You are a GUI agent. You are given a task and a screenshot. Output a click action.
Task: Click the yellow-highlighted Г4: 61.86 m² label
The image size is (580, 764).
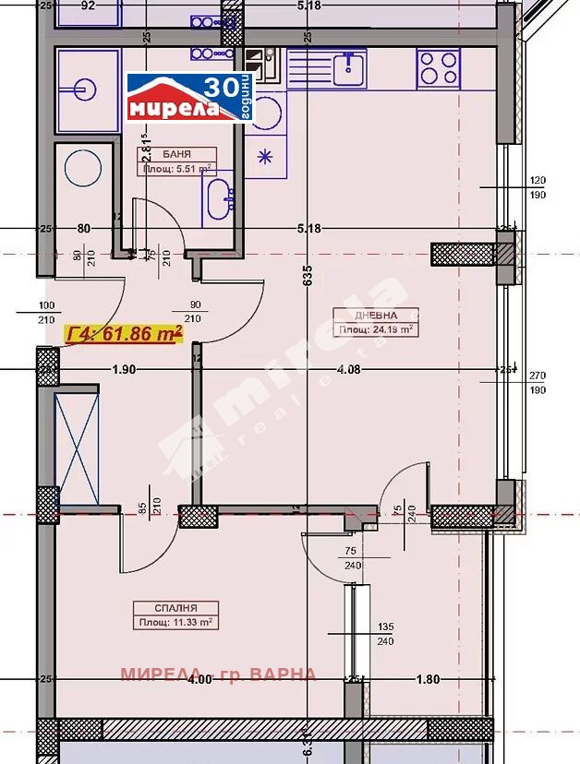point(124,334)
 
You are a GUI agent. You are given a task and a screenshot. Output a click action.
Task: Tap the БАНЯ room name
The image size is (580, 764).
point(177,155)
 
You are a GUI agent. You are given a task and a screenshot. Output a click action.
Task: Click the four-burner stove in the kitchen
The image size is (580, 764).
point(439,66)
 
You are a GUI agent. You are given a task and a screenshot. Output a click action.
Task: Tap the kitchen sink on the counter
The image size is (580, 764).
point(350,66)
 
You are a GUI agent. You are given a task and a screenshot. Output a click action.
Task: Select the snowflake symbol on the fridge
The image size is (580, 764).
point(266,155)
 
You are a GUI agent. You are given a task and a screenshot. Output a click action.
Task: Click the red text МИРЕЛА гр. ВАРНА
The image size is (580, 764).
point(218,674)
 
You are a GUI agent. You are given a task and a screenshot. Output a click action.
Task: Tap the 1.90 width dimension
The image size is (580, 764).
point(124,369)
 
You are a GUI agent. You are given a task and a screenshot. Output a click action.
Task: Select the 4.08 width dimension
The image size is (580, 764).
point(349,369)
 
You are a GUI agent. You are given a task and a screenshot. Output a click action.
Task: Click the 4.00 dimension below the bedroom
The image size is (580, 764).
point(198,680)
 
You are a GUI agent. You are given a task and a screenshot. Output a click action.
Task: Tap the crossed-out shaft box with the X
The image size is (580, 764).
point(76,448)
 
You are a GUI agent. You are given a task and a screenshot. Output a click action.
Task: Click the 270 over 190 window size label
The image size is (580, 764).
point(538,382)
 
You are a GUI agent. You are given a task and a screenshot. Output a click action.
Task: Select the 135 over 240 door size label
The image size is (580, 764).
point(385,635)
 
